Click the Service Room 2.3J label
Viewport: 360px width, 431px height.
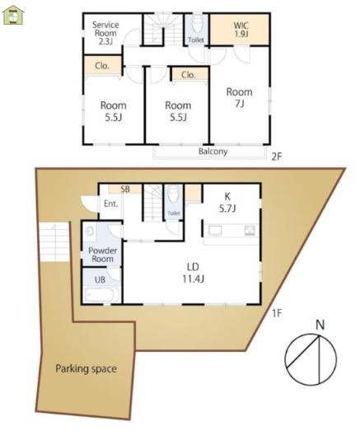105,33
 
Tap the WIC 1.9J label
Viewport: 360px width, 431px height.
241,30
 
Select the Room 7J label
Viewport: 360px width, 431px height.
240,97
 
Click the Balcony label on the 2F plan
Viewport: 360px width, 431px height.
213,152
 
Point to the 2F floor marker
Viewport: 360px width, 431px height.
277,157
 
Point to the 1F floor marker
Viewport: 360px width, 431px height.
277,313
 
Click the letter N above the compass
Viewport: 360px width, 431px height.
320,325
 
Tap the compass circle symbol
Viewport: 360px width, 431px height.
311,359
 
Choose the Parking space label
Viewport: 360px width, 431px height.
86,369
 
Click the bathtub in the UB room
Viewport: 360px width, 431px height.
101,295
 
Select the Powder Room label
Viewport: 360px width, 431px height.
102,255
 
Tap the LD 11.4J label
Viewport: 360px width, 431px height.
194,273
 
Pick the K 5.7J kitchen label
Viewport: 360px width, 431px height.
227,203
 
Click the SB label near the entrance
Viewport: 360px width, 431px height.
125,189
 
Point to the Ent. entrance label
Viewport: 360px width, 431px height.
110,204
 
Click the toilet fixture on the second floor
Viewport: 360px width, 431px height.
196,24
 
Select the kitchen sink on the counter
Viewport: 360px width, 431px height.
215,231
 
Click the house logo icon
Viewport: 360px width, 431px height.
13,15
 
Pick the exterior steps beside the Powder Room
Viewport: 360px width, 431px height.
54,242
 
